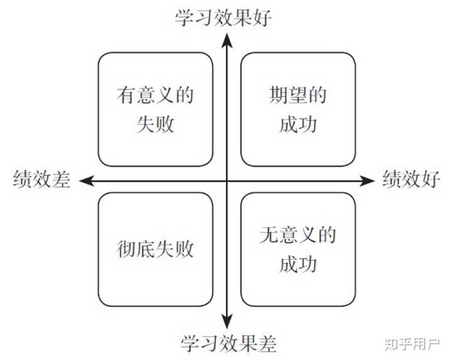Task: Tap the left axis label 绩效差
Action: [41, 180]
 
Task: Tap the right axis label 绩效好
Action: [411, 180]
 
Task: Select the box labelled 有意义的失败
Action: [155, 110]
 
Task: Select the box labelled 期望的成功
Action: [298, 110]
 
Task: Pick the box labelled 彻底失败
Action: [155, 250]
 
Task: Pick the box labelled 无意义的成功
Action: [298, 250]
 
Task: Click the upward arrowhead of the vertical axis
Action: [227, 39]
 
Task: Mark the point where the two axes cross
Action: [227, 181]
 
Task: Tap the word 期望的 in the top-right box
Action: [298, 96]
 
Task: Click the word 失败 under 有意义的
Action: [155, 124]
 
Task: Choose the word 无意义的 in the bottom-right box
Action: [298, 236]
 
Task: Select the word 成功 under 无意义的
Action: [298, 264]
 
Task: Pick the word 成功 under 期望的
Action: [298, 124]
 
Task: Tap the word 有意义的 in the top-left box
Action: [155, 96]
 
